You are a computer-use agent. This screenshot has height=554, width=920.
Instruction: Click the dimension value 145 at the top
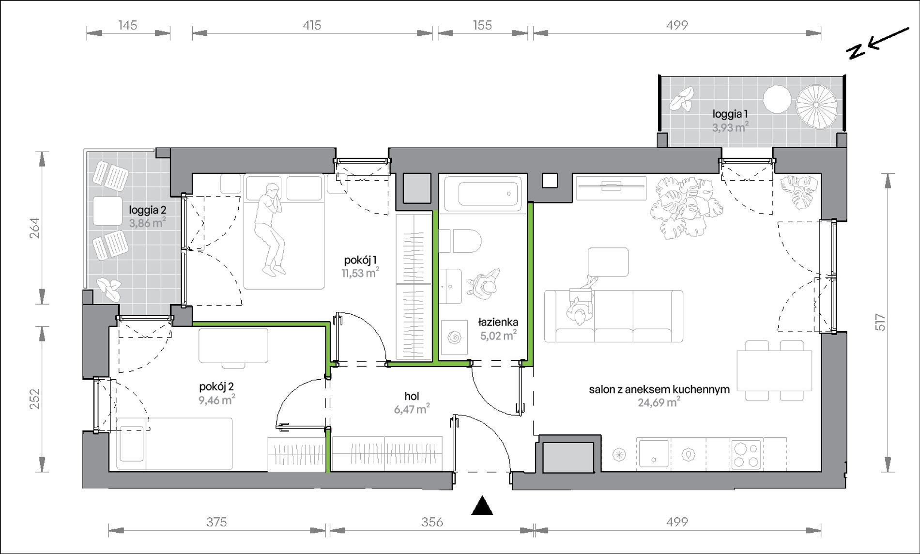pos(128,25)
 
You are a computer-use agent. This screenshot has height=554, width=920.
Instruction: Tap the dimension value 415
pos(312,25)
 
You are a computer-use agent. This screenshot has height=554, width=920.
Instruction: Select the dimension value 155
pos(482,25)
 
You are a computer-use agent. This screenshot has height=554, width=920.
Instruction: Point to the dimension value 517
pos(880,323)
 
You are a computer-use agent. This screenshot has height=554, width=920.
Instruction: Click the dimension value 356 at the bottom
pos(432,522)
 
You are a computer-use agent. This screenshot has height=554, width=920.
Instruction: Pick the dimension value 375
pos(216,522)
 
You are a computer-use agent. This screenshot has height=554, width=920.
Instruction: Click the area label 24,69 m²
pos(659,402)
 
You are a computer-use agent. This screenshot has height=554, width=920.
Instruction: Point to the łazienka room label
pos(498,322)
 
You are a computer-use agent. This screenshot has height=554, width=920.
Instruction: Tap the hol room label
pos(412,397)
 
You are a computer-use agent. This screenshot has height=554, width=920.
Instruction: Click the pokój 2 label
pos(216,387)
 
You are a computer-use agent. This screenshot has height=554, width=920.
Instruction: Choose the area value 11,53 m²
pos(360,273)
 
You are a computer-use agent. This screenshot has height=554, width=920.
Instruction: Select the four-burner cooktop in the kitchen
pos(746,454)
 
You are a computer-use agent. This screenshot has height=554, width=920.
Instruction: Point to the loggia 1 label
pos(730,114)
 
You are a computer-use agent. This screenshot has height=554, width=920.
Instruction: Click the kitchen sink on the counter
pos(653,453)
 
